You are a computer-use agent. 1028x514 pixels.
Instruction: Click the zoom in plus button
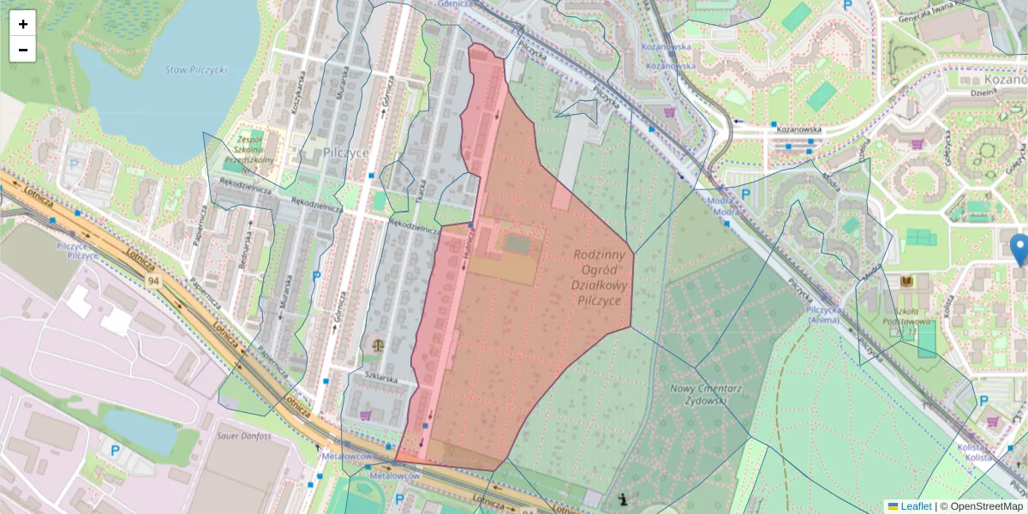[x=22, y=23]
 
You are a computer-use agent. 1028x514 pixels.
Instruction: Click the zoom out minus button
[x=22, y=49]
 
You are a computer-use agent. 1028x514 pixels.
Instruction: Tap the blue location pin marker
[x=1019, y=249]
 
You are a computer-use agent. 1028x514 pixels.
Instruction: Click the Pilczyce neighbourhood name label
[x=346, y=152]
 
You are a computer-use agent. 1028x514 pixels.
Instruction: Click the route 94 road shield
[x=153, y=281]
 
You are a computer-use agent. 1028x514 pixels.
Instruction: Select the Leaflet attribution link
[x=916, y=506]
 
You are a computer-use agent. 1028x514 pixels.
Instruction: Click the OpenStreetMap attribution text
[x=986, y=506]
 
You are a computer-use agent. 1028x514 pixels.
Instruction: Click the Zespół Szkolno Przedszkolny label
[x=249, y=148]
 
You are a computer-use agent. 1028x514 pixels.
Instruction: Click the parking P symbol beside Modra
[x=744, y=194]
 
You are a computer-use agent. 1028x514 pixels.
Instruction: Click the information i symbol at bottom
[x=622, y=499]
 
